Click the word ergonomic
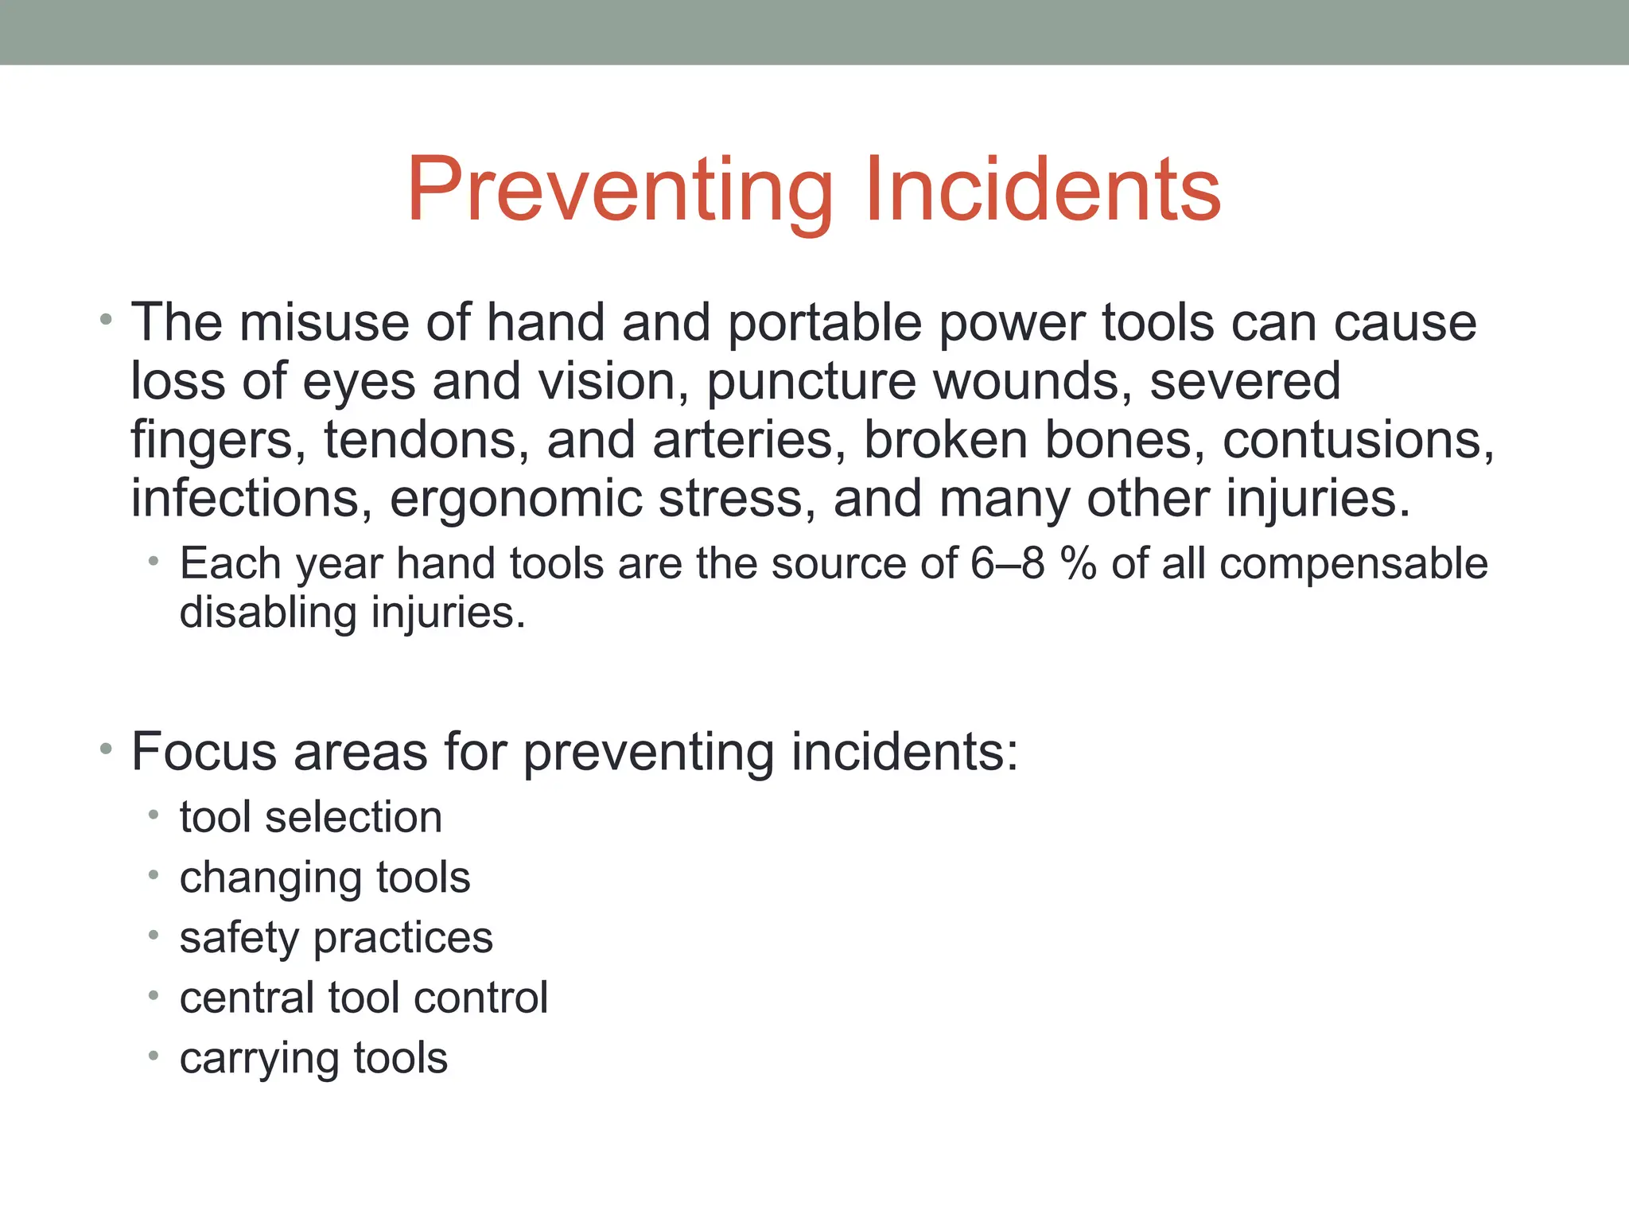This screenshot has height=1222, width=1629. click(x=515, y=500)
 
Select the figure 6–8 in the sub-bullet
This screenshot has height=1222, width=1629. click(x=1007, y=563)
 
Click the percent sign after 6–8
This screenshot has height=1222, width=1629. click(x=1078, y=563)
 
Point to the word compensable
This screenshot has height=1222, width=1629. click(x=1353, y=565)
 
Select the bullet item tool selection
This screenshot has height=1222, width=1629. click(x=311, y=817)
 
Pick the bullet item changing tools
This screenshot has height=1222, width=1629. click(x=325, y=878)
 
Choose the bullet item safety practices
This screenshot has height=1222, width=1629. click(x=336, y=938)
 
